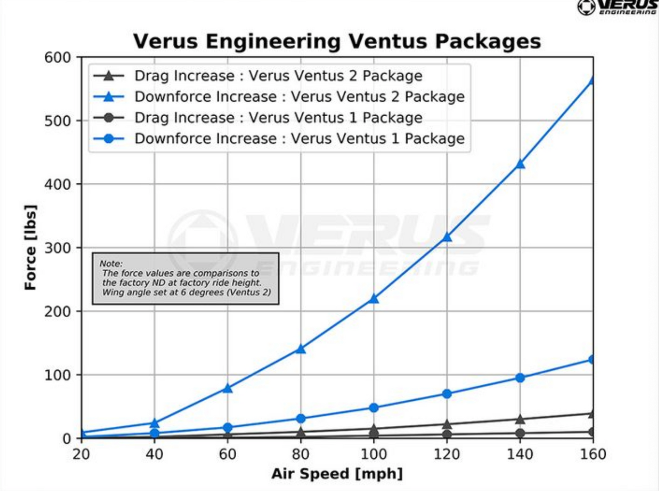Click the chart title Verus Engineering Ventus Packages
click(337, 41)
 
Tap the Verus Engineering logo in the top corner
click(618, 7)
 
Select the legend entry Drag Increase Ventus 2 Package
click(278, 76)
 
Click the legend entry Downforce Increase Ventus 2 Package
click(299, 97)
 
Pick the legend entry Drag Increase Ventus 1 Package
click(278, 118)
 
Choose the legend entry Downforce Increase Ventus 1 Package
click(299, 139)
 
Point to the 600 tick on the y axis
click(58, 57)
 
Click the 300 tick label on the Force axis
click(58, 248)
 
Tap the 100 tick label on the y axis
click(58, 375)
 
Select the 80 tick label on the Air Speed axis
click(301, 454)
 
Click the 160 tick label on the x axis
click(593, 454)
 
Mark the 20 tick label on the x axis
click(81, 454)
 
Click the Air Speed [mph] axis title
click(337, 474)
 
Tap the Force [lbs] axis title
click(30, 248)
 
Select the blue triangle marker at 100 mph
click(374, 299)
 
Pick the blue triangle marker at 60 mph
click(228, 388)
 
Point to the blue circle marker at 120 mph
click(447, 394)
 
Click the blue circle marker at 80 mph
click(301, 419)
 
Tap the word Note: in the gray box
click(111, 264)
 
